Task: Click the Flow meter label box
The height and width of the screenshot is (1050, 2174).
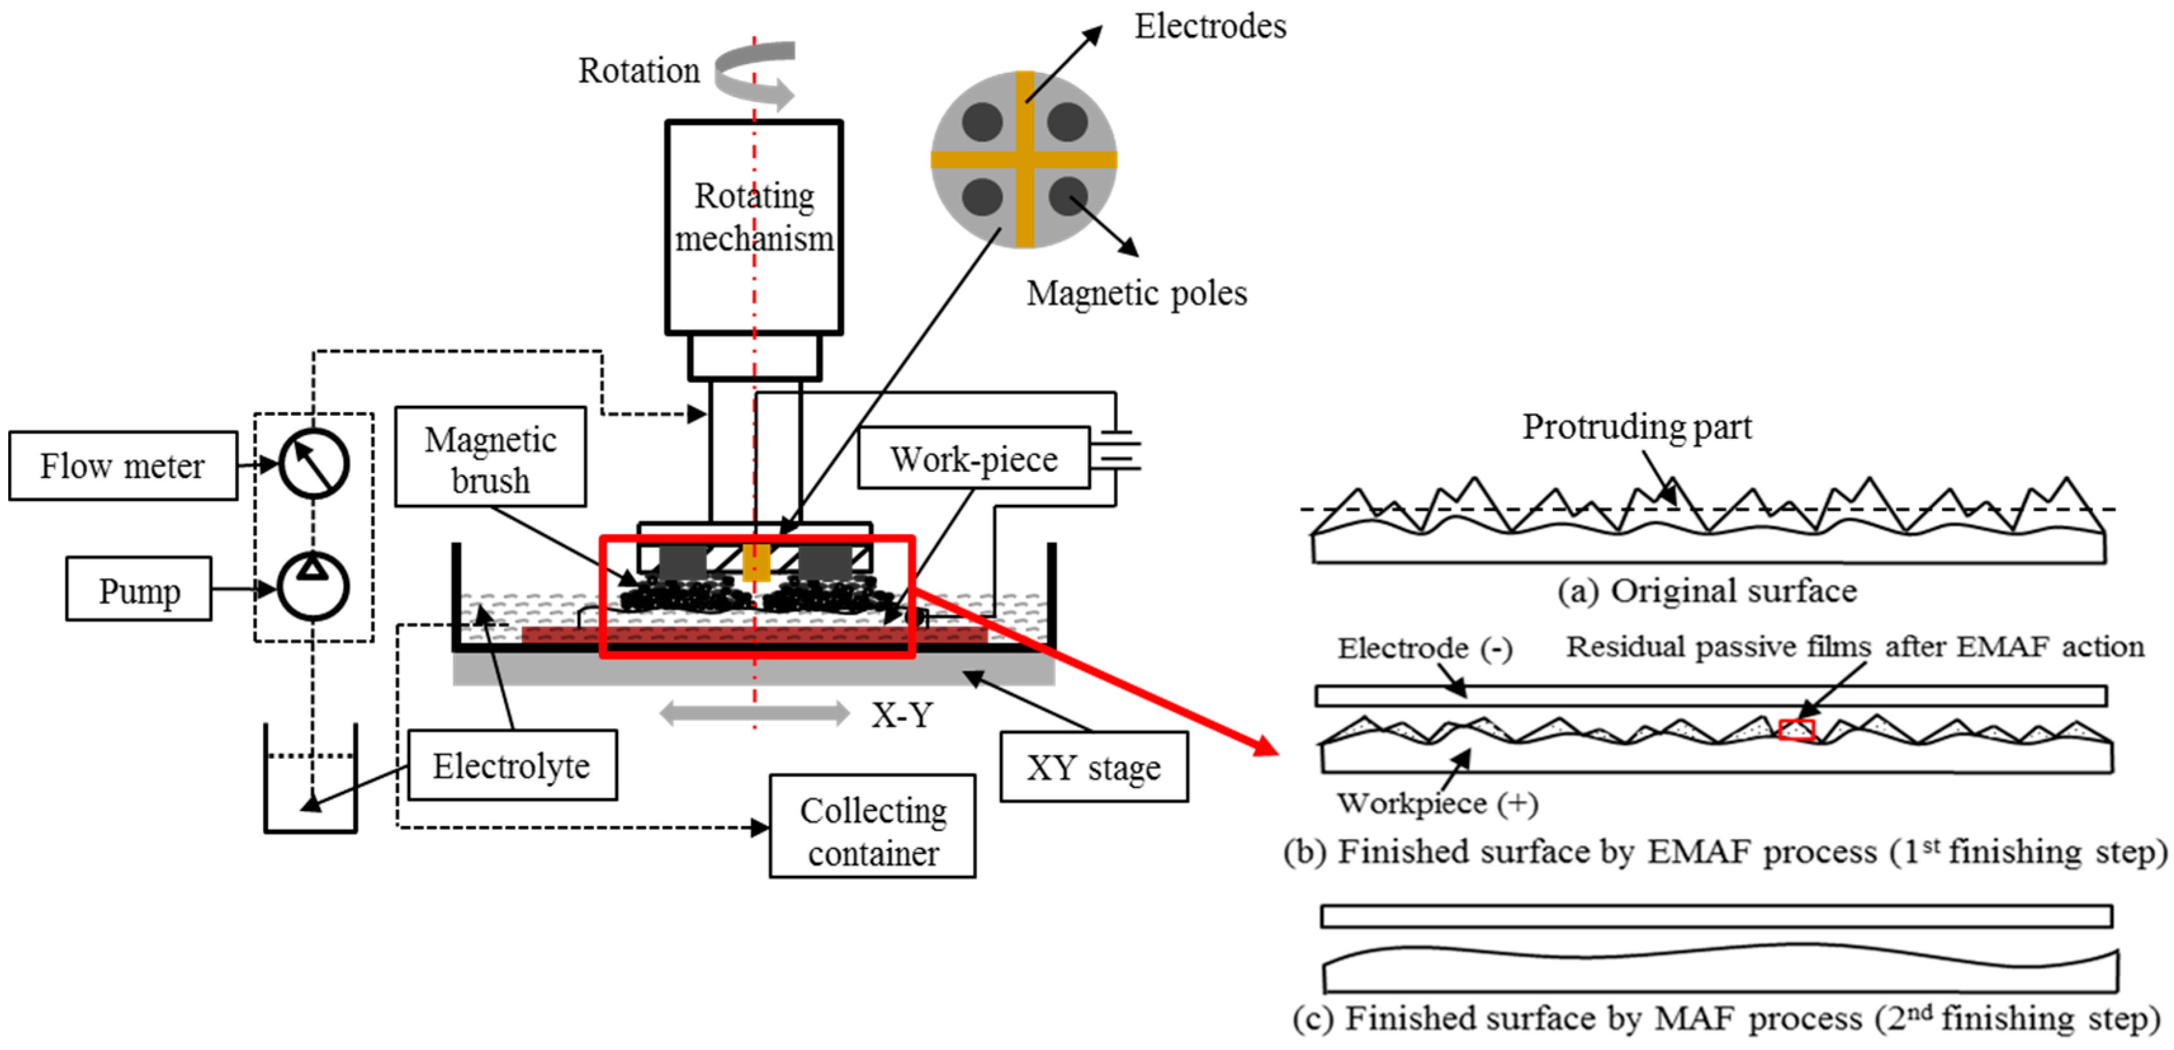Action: (123, 466)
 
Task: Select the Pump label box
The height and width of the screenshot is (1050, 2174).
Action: (139, 589)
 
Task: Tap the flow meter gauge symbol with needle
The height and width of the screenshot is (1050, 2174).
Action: (314, 463)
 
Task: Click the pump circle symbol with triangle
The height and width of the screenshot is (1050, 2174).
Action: (313, 586)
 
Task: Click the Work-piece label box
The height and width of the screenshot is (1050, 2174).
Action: (974, 458)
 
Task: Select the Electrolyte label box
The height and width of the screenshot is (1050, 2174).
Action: (512, 765)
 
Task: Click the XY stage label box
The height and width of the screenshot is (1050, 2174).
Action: (1094, 767)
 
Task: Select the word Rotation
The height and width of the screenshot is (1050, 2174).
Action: (639, 71)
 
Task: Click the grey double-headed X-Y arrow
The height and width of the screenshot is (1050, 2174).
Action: (754, 713)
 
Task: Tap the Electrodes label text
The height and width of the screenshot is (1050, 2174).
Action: (1209, 26)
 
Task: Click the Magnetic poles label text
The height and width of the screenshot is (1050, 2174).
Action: (1136, 294)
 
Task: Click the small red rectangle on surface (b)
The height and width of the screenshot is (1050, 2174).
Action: (1796, 729)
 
